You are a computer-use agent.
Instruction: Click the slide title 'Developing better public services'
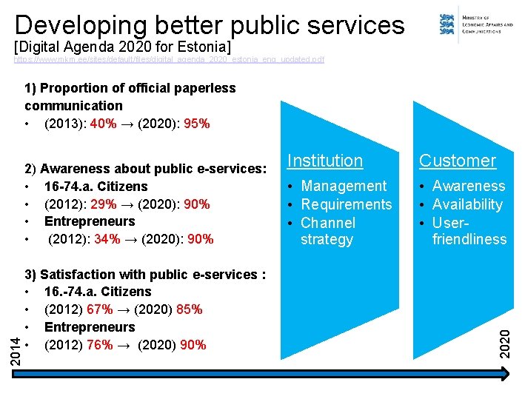[209, 25]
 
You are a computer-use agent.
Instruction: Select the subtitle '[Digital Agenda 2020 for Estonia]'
[123, 47]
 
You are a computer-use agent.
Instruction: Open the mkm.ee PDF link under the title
[169, 59]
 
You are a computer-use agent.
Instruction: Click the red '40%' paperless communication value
[103, 124]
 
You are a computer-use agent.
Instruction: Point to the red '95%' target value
[196, 124]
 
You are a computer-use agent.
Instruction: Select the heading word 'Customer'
[457, 161]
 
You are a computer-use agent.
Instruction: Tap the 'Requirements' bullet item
[346, 204]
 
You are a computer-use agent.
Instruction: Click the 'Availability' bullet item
[467, 204]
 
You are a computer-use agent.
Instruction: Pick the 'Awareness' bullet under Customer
[468, 186]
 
